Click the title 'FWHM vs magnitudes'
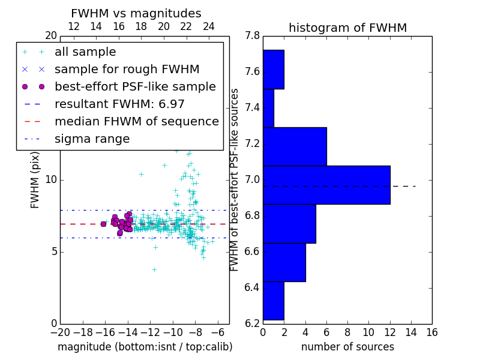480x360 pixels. click(136, 14)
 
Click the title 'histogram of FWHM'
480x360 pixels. click(347, 28)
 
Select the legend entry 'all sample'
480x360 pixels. click(85, 52)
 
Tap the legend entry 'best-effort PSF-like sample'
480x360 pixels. click(135, 86)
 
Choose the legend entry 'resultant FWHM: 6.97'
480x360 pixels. click(119, 104)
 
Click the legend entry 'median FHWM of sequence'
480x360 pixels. click(136, 121)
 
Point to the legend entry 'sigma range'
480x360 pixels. click(92, 139)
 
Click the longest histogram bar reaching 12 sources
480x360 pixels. click(326, 185)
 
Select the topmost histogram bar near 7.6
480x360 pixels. click(273, 69)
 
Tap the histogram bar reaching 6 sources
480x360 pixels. click(295, 146)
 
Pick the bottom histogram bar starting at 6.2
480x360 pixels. click(273, 301)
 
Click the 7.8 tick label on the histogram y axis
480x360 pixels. click(253, 36)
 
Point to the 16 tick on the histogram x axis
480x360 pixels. click(432, 331)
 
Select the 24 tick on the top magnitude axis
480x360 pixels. click(209, 27)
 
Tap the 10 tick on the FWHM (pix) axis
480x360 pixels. click(51, 179)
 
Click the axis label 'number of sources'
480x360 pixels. click(347, 347)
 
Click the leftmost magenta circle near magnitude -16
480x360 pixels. click(103, 224)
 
